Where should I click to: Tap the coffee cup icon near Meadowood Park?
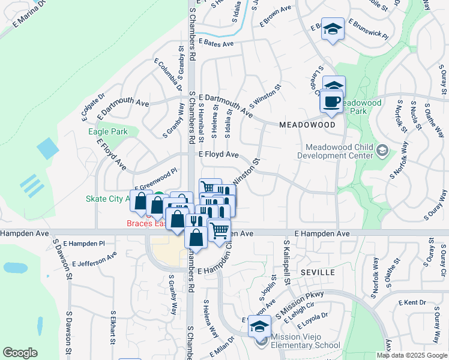[x=331, y=101]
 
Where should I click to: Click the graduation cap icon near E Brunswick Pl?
[x=332, y=29]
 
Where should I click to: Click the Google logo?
[x=20, y=353]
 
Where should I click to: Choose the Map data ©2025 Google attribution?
[x=412, y=355]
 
